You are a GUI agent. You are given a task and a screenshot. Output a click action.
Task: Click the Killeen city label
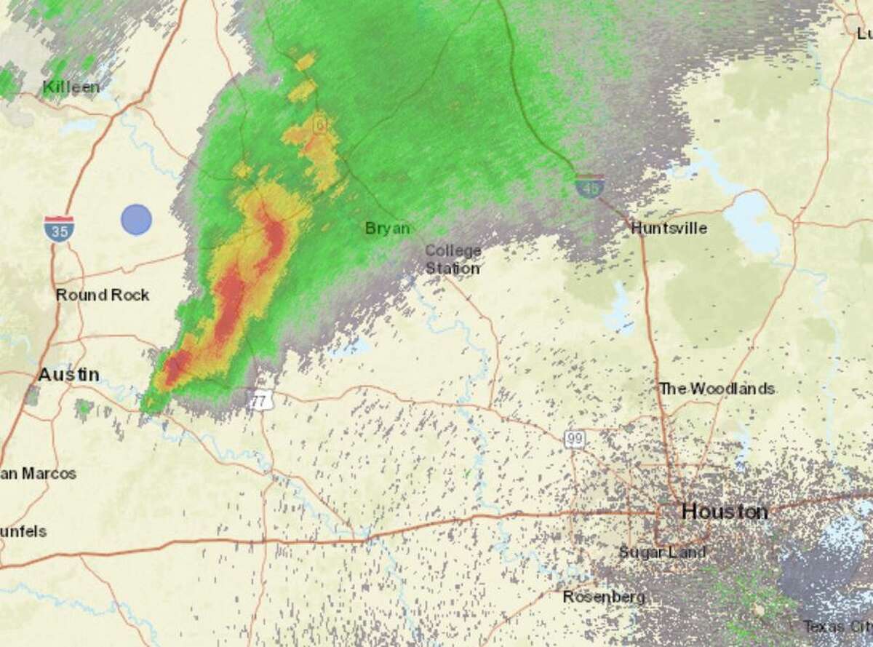pyautogui.click(x=71, y=87)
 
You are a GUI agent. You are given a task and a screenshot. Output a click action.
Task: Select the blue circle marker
pyautogui.click(x=136, y=220)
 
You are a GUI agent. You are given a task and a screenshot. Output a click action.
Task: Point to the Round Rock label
pyautogui.click(x=103, y=295)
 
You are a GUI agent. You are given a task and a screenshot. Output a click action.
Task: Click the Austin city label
pyautogui.click(x=68, y=375)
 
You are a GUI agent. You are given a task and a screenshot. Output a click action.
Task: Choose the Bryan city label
pyautogui.click(x=387, y=229)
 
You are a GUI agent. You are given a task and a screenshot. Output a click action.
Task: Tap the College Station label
pyautogui.click(x=453, y=259)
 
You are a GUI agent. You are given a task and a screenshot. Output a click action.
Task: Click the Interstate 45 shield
pyautogui.click(x=589, y=186)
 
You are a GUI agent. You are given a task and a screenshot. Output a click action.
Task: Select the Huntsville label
pyautogui.click(x=669, y=228)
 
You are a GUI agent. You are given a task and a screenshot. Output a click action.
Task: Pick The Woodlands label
pyautogui.click(x=716, y=389)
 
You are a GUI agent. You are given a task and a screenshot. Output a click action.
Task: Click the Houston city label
pyautogui.click(x=725, y=512)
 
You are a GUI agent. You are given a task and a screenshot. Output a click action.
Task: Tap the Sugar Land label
pyautogui.click(x=661, y=552)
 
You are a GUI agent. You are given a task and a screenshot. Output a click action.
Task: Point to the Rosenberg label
pyautogui.click(x=604, y=597)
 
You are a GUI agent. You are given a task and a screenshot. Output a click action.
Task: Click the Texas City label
pyautogui.click(x=837, y=626)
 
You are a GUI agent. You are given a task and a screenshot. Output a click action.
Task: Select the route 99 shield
pyautogui.click(x=574, y=439)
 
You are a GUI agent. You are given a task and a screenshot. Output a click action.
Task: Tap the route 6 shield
pyautogui.click(x=319, y=124)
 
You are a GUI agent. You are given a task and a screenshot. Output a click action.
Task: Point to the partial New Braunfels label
pyautogui.click(x=23, y=532)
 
